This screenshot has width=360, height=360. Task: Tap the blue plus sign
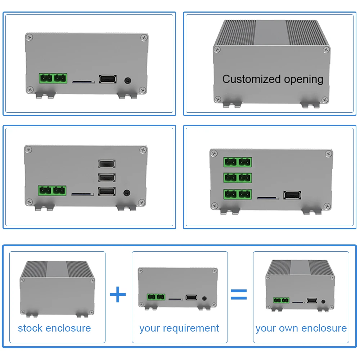click(x=118, y=295)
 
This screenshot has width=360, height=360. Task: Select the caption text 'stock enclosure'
click(x=54, y=328)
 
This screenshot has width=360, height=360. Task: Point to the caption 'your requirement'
click(x=179, y=328)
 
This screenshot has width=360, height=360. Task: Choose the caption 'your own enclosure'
click(x=301, y=328)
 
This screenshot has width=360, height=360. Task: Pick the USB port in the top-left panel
click(x=107, y=79)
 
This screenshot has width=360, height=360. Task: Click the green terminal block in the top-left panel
click(x=53, y=78)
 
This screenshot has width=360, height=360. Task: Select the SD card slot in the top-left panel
click(x=83, y=82)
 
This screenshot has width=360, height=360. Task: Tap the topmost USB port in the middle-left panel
click(x=107, y=164)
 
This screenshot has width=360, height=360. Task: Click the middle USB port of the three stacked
click(x=107, y=177)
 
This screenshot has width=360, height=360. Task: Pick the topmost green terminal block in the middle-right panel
click(x=238, y=162)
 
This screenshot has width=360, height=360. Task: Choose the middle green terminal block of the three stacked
click(x=238, y=178)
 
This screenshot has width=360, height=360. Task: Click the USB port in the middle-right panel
click(x=292, y=195)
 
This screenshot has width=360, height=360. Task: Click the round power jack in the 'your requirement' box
click(x=205, y=298)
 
